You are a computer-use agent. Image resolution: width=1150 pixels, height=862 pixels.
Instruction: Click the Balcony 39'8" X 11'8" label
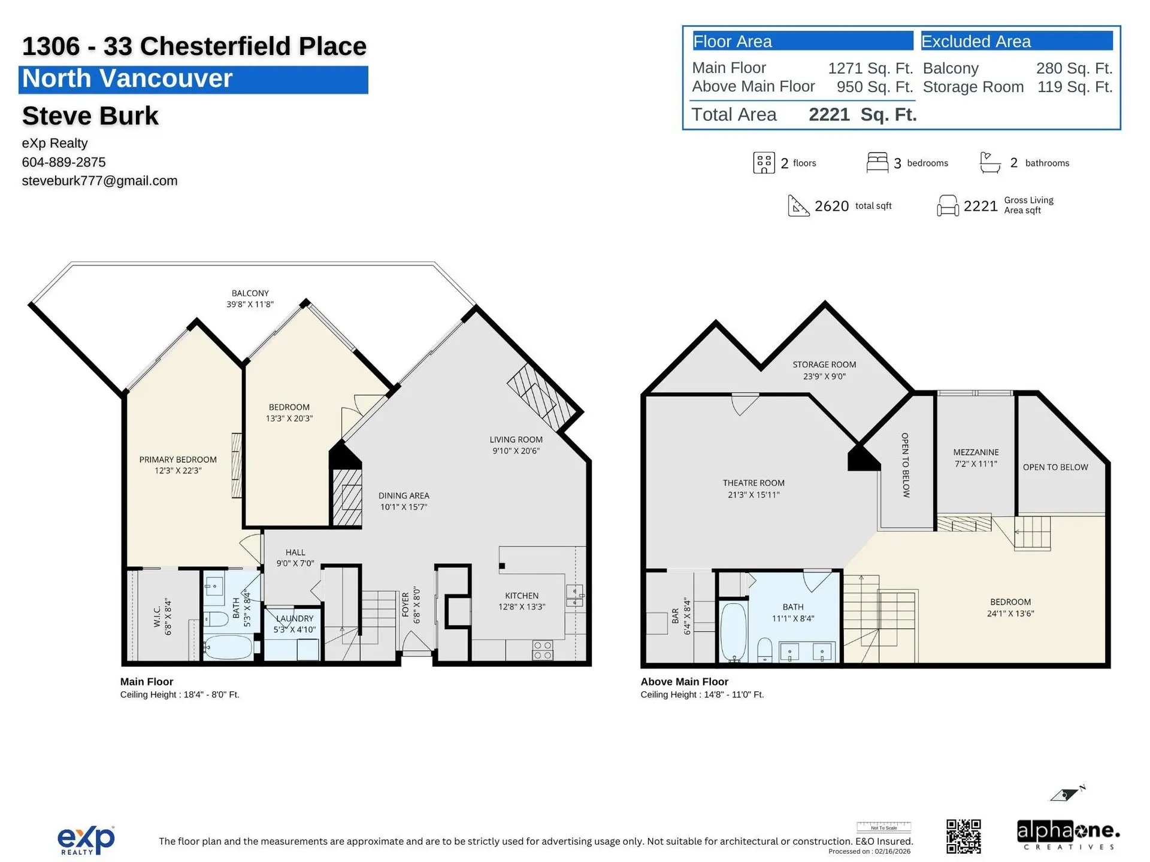pos(250,299)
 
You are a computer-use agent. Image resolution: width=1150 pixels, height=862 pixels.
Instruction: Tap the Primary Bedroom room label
pos(178,465)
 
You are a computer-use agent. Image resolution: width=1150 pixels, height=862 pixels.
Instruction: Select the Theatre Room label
pos(753,488)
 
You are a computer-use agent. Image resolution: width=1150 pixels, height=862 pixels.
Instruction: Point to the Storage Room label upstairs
pos(824,370)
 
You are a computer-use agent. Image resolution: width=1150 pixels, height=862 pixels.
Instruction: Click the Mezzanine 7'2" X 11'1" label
pos(976,458)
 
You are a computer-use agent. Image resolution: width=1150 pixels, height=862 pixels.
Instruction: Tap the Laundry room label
pos(294,624)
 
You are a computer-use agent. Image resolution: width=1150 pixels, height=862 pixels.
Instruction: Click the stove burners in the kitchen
pos(543,650)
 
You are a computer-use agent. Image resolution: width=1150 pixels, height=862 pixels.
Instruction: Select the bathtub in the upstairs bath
pos(734,632)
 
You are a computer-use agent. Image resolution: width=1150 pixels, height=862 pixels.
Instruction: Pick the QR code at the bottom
pos(963,836)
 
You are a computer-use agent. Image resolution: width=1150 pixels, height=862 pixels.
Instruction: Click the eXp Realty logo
pos(86,840)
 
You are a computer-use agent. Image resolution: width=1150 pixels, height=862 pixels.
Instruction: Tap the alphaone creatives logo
pos(1068,834)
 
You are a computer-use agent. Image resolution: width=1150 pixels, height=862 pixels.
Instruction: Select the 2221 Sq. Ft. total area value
pos(862,114)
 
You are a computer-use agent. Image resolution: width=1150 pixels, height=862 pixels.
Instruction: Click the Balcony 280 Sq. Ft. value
pos(1074,68)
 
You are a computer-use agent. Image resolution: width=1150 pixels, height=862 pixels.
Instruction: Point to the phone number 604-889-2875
pos(63,162)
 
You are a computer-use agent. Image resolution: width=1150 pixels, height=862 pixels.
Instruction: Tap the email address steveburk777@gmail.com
pos(99,181)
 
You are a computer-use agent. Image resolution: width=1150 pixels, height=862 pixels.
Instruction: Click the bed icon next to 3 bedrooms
pos(877,162)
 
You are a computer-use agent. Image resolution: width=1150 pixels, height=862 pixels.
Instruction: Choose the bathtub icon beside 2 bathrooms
pos(989,162)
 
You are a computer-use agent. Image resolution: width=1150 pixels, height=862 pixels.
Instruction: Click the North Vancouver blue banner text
pos(127,79)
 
